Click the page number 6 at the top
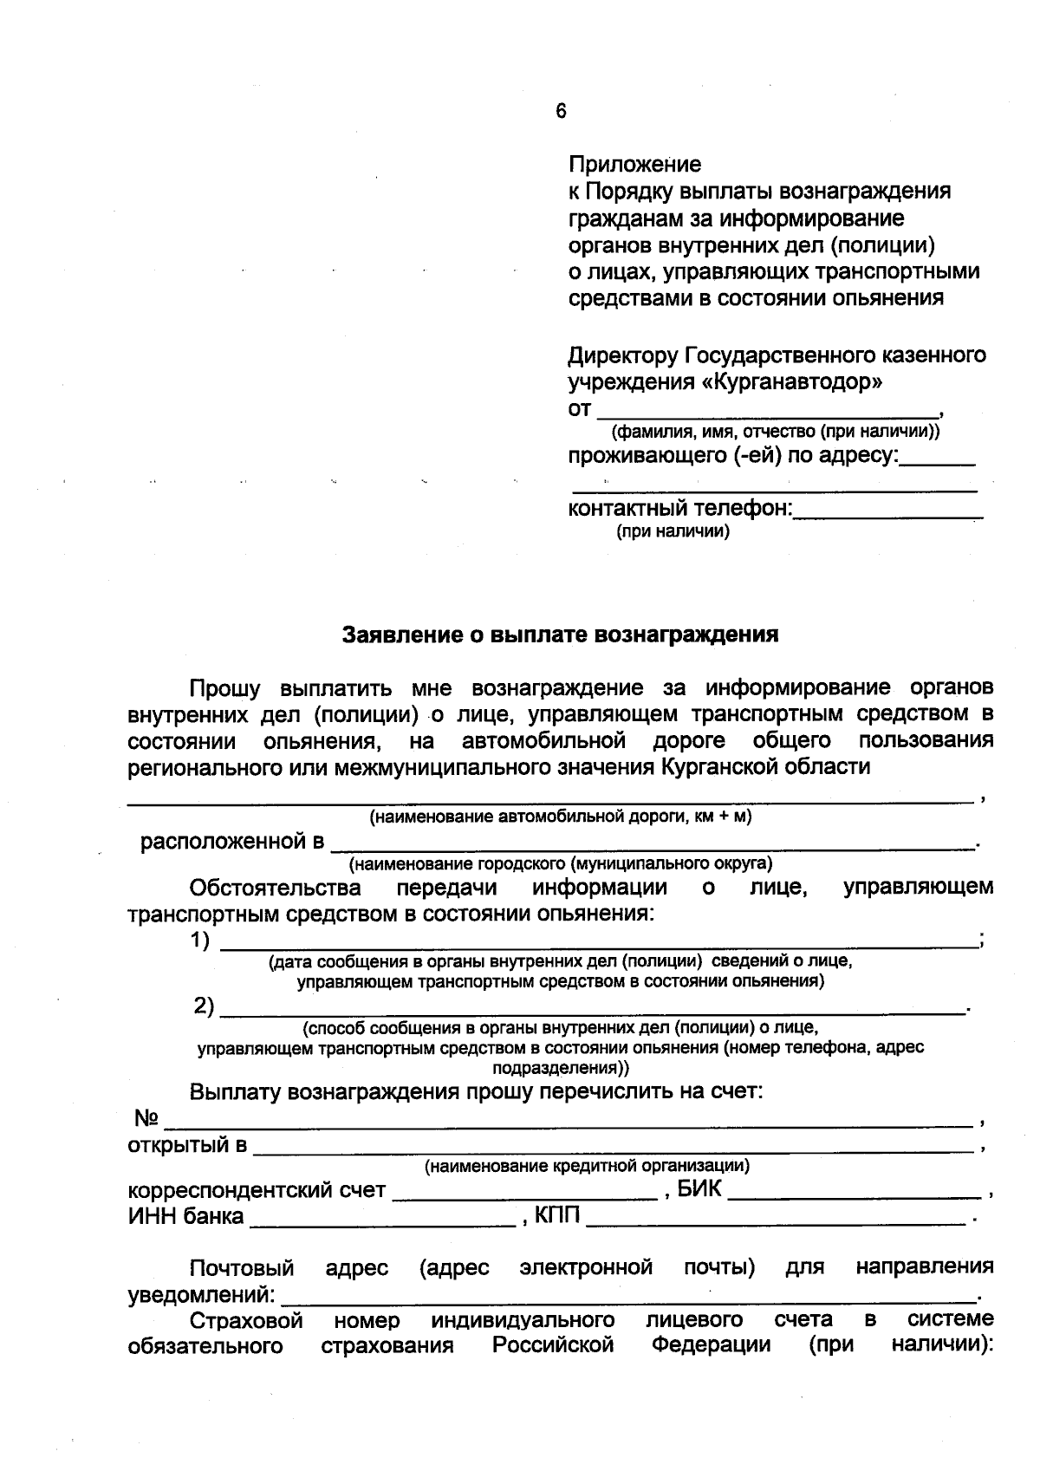pyautogui.click(x=561, y=111)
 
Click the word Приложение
pyautogui.click(x=634, y=164)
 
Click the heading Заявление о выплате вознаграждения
pyautogui.click(x=560, y=635)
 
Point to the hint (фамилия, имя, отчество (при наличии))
pyautogui.click(x=776, y=431)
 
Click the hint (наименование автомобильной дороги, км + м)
pyautogui.click(x=560, y=817)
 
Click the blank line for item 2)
pyautogui.click(x=593, y=1009)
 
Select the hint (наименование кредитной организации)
pyautogui.click(x=587, y=1167)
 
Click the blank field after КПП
pyautogui.click(x=775, y=1220)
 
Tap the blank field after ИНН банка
pyautogui.click(x=382, y=1220)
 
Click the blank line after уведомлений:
pyautogui.click(x=628, y=1298)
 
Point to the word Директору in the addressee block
pyautogui.click(x=623, y=355)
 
